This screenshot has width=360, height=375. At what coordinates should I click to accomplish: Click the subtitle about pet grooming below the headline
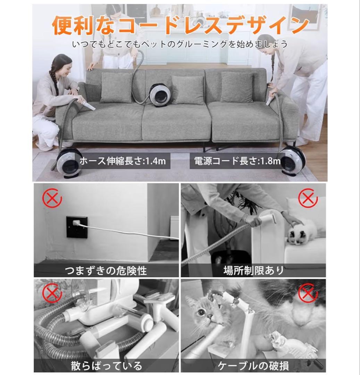tap(180, 44)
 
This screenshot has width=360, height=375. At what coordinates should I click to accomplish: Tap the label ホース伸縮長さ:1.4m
tap(123, 161)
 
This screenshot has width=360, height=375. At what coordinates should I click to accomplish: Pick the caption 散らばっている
tap(106, 365)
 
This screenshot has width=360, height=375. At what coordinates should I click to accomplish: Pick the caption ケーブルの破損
tap(253, 365)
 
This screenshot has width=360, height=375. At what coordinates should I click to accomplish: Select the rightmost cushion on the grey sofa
tap(237, 87)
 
